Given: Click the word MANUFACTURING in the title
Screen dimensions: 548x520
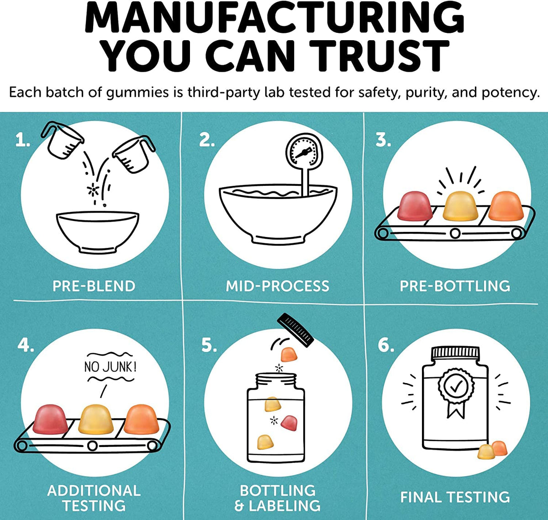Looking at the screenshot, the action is (274, 18).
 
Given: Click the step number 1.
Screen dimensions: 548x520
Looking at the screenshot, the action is (22, 140).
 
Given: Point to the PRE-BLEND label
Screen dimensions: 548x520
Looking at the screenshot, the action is (94, 286).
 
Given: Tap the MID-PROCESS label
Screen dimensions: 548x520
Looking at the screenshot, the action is (277, 286).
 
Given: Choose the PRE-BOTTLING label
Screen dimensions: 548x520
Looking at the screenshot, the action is (455, 286).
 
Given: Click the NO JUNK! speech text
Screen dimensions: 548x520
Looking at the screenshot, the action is (111, 367).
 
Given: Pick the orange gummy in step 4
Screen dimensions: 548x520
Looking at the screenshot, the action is (141, 420).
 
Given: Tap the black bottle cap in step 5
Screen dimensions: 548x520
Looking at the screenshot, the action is (295, 330).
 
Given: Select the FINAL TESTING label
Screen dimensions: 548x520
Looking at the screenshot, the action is (455, 497).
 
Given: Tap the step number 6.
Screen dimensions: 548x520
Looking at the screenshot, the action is (386, 346).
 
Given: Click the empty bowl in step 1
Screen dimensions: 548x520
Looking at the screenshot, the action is (98, 232).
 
